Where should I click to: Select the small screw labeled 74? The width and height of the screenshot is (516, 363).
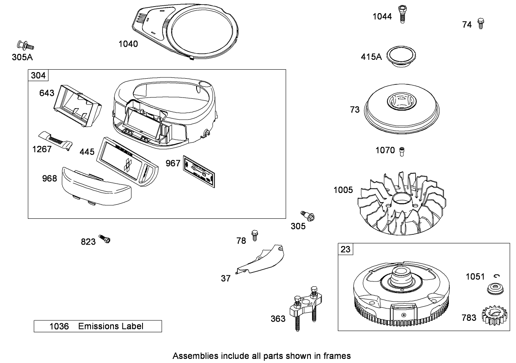(481, 23)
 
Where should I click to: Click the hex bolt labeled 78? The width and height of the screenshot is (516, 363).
(255, 235)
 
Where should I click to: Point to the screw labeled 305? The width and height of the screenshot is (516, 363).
(307, 216)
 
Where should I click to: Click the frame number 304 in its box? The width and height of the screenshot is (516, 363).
(38, 75)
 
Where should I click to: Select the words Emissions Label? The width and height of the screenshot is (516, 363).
(111, 327)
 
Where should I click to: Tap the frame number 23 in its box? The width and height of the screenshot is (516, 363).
(346, 249)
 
